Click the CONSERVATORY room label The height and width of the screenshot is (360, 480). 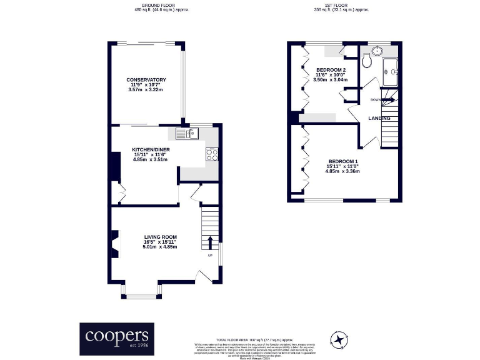(x=146, y=80)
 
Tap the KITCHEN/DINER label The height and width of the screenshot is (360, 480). (x=151, y=150)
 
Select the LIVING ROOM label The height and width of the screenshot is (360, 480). (x=161, y=237)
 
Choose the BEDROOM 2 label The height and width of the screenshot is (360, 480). (x=331, y=69)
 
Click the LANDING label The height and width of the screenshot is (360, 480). (x=379, y=118)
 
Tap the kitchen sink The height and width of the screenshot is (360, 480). (x=186, y=132)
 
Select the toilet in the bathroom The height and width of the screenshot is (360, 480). (x=366, y=61)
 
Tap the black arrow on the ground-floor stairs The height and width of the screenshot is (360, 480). (x=209, y=242)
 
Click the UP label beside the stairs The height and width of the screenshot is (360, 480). (x=210, y=255)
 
